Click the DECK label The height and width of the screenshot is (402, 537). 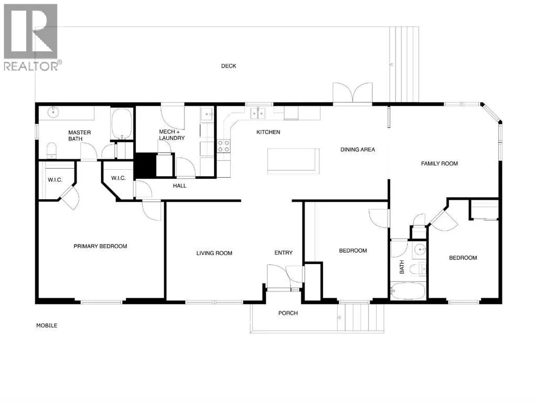229,66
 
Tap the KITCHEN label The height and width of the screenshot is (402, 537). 268,132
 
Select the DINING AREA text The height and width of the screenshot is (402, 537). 358,150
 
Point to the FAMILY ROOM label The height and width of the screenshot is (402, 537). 439,164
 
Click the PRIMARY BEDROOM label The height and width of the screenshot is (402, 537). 100,246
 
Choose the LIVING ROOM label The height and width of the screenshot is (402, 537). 214,253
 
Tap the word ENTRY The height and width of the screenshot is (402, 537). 284,253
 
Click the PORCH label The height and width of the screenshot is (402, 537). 288,313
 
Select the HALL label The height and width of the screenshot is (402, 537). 179,186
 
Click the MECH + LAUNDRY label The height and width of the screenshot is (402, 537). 171,135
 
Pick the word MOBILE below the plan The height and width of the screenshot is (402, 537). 47,325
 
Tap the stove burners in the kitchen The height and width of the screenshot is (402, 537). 224,146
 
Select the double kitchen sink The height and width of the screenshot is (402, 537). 258,113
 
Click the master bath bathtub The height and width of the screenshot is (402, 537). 122,124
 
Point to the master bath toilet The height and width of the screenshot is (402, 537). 51,150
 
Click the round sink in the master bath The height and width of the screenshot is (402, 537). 53,112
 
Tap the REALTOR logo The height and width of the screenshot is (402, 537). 31,37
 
